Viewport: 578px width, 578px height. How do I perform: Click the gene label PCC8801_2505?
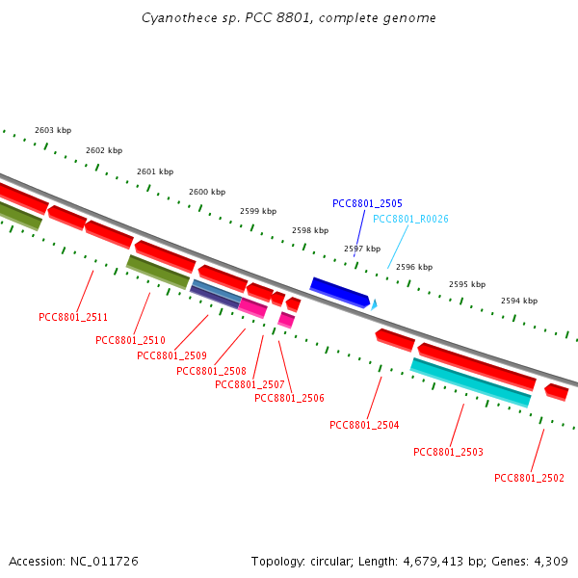[367, 203]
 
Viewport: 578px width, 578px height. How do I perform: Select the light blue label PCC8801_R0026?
[410, 219]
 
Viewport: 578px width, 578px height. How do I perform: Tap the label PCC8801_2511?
[73, 317]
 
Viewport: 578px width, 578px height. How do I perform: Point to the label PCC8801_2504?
[364, 425]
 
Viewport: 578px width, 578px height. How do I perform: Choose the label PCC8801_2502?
[529, 478]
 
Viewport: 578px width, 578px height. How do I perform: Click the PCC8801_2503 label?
[448, 452]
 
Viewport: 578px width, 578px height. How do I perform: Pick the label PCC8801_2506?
[289, 398]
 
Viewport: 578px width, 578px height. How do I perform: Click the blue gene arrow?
[339, 291]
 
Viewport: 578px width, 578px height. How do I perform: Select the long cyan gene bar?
[470, 381]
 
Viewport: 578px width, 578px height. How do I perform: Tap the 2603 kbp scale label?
[53, 130]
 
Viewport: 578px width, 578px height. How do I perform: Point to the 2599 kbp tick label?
[258, 211]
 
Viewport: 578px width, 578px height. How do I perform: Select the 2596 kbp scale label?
[414, 267]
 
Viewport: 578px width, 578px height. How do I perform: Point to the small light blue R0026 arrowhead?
[374, 303]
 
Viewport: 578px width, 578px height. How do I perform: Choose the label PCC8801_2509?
[171, 355]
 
